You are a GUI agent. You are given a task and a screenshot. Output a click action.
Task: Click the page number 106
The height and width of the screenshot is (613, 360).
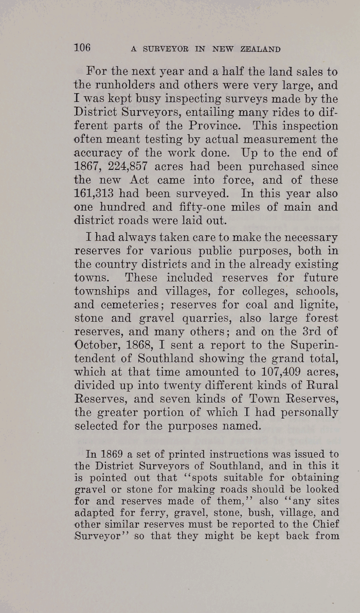[82, 48]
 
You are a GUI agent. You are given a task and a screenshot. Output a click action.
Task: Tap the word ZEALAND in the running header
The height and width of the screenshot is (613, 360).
[260, 49]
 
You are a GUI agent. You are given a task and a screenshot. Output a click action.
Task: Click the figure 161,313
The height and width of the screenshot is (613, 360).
[99, 194]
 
